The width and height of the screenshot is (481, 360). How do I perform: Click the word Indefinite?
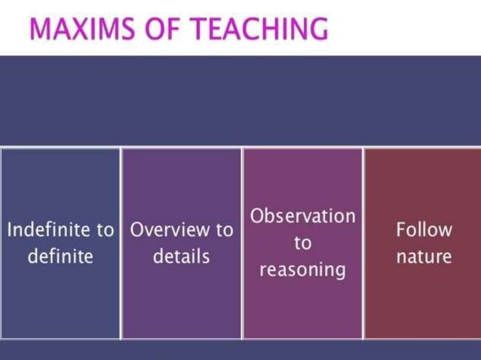click(x=50, y=229)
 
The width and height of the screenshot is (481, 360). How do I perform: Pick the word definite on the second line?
click(x=60, y=256)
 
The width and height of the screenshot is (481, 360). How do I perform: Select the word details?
click(x=181, y=256)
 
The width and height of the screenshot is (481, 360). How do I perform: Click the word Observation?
click(x=302, y=216)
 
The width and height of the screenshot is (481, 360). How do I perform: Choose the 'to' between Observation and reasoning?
click(x=302, y=243)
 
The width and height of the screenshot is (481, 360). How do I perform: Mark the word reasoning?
click(x=302, y=270)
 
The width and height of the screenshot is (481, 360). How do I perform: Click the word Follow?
click(x=424, y=229)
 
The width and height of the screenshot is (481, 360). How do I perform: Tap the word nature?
click(x=424, y=256)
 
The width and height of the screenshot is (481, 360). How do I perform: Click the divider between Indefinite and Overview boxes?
click(x=121, y=301)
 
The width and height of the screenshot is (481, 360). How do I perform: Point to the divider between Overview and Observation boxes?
click(x=242, y=301)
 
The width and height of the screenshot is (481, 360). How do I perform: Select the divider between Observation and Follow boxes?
click(x=363, y=301)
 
